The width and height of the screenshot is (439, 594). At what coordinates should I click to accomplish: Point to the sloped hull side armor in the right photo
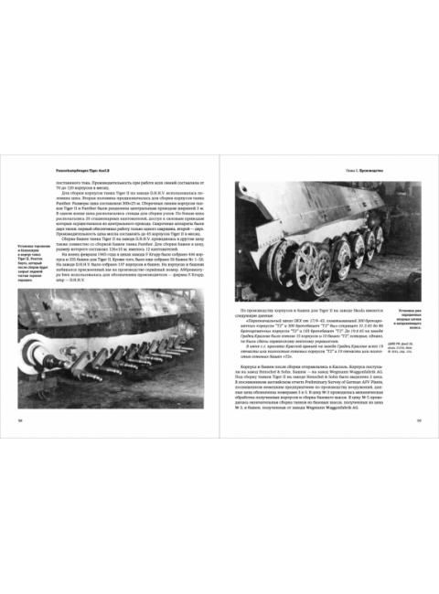click(311, 206)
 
